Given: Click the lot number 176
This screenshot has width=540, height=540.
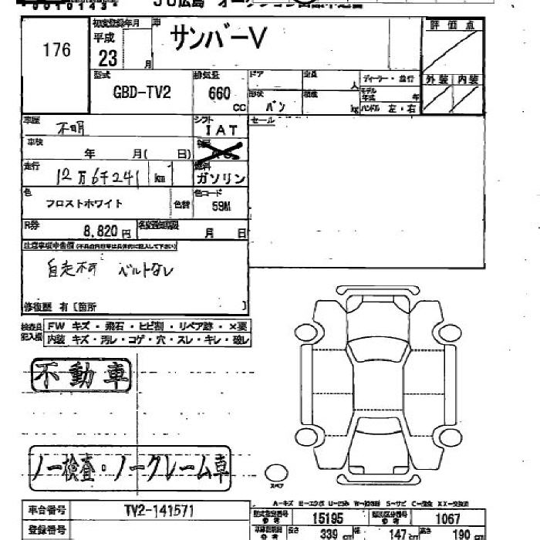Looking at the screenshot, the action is pos(57,51).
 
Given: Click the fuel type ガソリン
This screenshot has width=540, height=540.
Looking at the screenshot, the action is pos(221,178).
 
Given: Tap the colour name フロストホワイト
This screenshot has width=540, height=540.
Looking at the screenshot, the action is pos(84,204).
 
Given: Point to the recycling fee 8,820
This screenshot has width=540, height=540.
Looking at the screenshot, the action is pos(100,230).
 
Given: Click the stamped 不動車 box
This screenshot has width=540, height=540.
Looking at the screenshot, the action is pos(81,376).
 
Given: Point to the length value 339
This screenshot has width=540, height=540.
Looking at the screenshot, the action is pos(330,533).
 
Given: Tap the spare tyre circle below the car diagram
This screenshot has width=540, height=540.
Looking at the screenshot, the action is pos(275,473).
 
